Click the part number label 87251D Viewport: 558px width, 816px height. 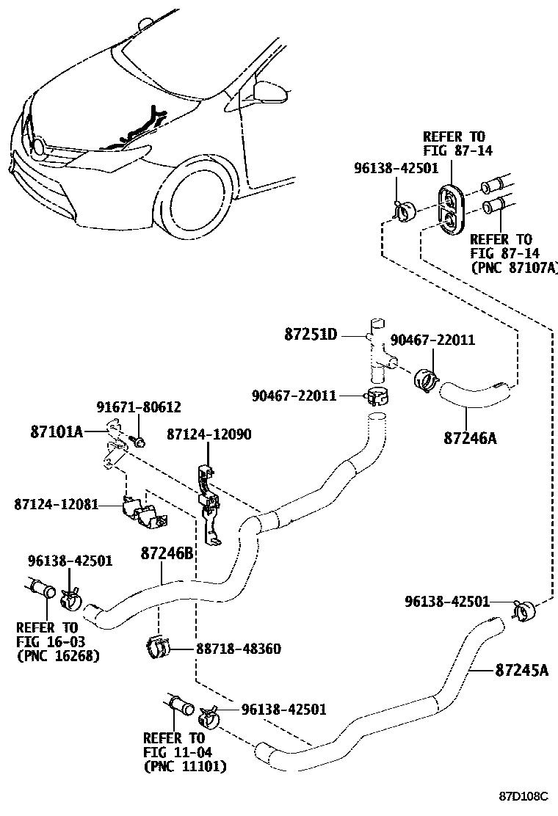point(311,335)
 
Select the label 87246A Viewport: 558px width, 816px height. point(470,438)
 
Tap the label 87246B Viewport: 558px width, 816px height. point(167,553)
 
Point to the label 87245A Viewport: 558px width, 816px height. point(521,669)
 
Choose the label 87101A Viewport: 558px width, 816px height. point(57,431)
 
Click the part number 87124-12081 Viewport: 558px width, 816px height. point(56,505)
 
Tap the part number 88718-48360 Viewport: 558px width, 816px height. point(239,649)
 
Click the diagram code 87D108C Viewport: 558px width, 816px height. point(524,795)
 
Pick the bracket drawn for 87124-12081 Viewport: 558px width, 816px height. point(143,513)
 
